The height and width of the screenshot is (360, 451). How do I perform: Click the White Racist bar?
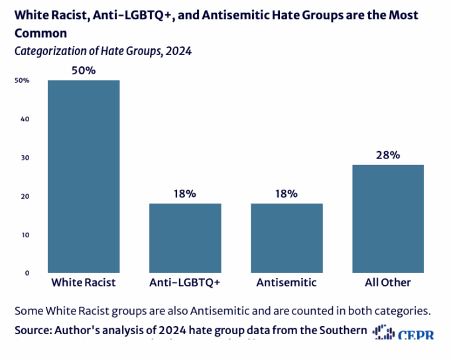84,176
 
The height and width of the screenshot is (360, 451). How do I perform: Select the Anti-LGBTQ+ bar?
185,238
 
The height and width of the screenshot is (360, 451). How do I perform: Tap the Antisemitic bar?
287,238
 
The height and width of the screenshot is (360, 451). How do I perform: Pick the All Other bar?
388,219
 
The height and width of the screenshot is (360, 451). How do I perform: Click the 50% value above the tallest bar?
84,70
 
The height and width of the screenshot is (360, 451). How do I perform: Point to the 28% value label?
388,155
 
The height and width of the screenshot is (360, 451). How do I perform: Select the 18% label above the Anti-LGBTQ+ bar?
185,194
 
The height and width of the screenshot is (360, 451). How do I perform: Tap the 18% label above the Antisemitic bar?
287,194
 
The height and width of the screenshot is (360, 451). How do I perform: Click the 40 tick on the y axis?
25,119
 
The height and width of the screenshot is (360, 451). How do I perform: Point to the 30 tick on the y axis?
25,158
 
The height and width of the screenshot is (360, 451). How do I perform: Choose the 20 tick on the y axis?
25,196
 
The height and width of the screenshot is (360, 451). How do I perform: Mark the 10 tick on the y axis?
25,235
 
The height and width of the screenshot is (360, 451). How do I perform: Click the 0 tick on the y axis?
27,272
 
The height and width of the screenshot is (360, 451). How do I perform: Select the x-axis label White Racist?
84,282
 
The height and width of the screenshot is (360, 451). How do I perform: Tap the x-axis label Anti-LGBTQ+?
185,282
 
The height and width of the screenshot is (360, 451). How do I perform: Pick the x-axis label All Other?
388,282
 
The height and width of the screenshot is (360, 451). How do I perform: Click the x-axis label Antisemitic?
287,282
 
